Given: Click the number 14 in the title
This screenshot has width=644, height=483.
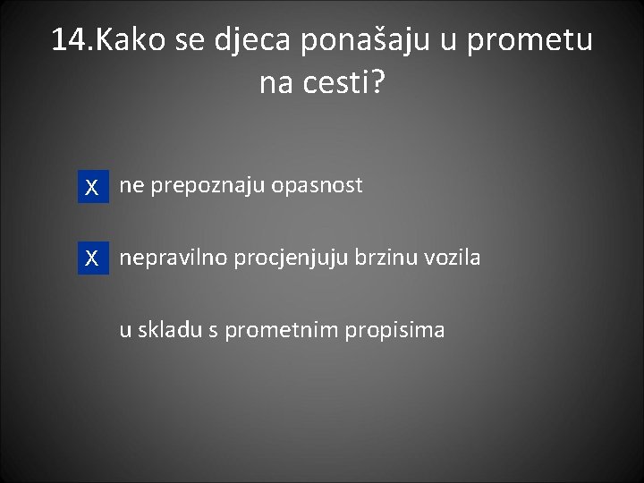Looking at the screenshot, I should pos(70,40).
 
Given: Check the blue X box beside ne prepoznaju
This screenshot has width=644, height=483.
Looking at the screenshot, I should pos(92,188).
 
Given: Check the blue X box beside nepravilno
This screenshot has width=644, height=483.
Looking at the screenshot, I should pos(92,259).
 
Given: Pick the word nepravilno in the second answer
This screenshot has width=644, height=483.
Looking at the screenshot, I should pos(174,258).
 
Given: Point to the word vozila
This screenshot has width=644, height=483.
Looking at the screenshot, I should pos(453,258).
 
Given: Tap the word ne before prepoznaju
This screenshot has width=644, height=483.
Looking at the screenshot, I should pos(131,186).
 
